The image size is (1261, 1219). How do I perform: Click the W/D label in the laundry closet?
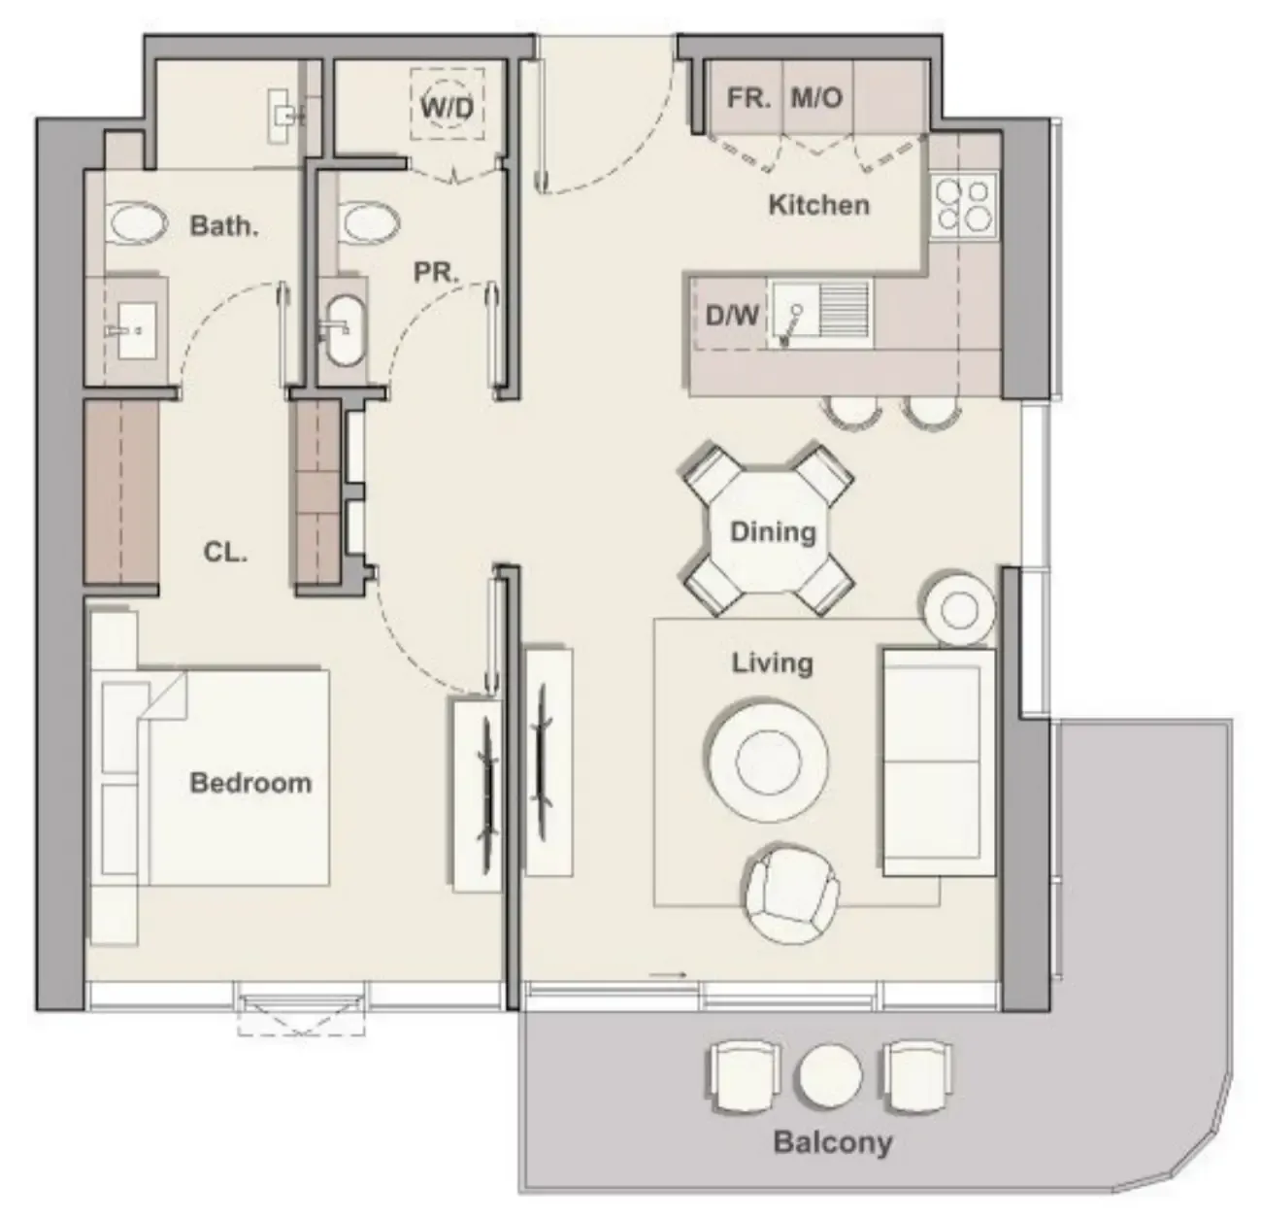tap(447, 106)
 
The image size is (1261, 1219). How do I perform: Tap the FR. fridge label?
tap(748, 98)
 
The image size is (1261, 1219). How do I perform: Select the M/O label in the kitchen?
tap(816, 98)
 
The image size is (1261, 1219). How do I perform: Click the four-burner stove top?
tap(963, 207)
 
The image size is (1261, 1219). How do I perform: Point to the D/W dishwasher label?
tap(732, 315)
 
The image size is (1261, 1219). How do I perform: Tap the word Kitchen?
tap(818, 205)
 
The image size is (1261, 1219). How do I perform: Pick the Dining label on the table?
tap(772, 532)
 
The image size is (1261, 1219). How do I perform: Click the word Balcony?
tap(832, 1142)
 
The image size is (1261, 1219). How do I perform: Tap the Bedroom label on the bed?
tap(250, 783)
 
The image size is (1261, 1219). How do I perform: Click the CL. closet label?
tap(225, 553)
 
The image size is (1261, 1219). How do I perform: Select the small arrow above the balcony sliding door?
tap(668, 974)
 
